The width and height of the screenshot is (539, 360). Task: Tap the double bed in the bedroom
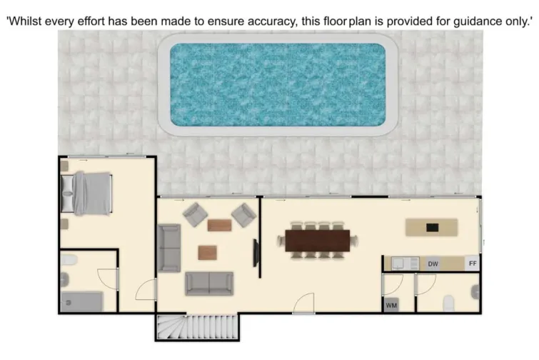point(87,193)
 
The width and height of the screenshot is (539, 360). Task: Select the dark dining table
point(318,241)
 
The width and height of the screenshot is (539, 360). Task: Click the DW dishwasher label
point(432,264)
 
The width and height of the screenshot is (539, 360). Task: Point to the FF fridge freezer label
point(472,264)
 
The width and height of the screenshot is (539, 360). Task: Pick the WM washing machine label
point(391,305)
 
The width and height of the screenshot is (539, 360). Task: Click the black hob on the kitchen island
point(432,227)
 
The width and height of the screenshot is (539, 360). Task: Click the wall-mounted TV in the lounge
point(256,253)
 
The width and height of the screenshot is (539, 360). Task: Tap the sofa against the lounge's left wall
point(168,247)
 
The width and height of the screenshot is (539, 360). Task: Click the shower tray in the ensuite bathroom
point(81,301)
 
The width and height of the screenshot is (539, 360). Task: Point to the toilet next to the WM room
point(449,303)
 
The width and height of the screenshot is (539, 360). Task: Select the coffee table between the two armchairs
point(219,225)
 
